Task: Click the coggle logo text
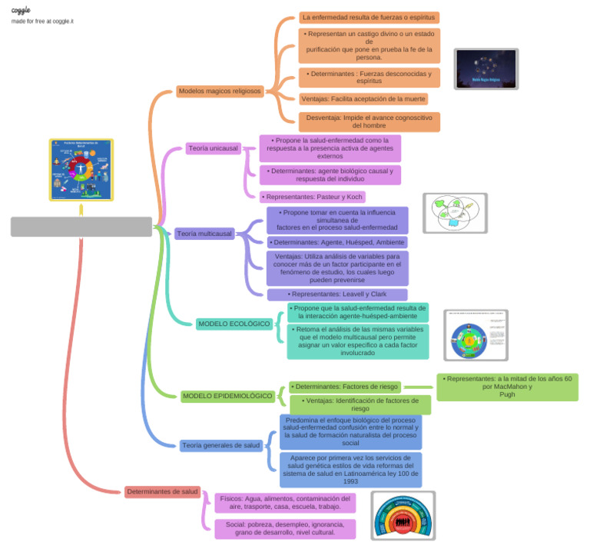tap(21, 10)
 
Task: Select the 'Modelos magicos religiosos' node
tap(220, 91)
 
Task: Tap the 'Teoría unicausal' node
tap(213, 148)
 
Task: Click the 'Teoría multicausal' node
tap(204, 234)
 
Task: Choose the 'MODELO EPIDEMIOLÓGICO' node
tap(227, 396)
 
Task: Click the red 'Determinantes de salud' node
tap(163, 491)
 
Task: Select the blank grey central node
tap(81, 227)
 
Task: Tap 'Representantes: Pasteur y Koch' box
tap(312, 197)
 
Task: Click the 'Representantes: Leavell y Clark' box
tap(337, 294)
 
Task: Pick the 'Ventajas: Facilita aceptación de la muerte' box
tap(363, 99)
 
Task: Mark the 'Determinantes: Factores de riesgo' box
tap(345, 387)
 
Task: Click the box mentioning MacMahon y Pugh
tap(507, 387)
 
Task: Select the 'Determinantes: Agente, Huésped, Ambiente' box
tap(337, 242)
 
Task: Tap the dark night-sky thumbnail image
tap(486, 69)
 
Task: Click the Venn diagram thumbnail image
tap(455, 213)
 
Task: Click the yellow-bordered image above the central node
tap(81, 170)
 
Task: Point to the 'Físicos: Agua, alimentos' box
tap(284, 503)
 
